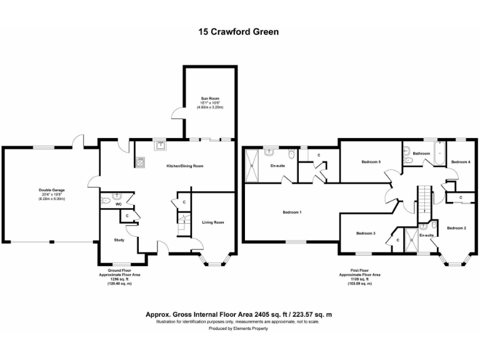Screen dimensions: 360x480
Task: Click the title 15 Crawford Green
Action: pyautogui.click(x=239, y=31)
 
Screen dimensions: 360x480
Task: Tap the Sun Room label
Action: pyautogui.click(x=210, y=99)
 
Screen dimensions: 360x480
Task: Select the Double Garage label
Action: pyautogui.click(x=52, y=190)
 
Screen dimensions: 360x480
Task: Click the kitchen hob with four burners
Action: pyautogui.click(x=139, y=162)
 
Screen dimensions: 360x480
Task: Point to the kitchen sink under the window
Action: pyautogui.click(x=161, y=147)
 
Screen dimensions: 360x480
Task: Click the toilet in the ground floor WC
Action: pyautogui.click(x=105, y=201)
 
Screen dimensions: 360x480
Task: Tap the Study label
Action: pyautogui.click(x=119, y=240)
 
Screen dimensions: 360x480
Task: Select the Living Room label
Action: pyautogui.click(x=212, y=222)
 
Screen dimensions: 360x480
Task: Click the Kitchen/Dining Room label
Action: pyautogui.click(x=184, y=166)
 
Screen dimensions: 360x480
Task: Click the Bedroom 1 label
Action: pyautogui.click(x=292, y=212)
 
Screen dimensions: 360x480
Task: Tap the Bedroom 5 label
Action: pyautogui.click(x=371, y=162)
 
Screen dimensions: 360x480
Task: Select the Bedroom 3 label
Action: pyautogui.click(x=366, y=233)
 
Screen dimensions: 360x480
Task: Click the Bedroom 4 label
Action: pyautogui.click(x=461, y=162)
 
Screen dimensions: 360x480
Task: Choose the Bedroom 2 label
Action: pyautogui.click(x=456, y=228)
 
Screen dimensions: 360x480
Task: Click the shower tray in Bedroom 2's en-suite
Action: pyautogui.click(x=411, y=241)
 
